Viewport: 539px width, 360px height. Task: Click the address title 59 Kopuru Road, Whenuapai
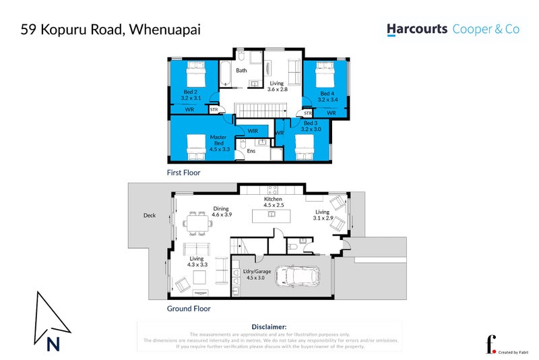pos(110,30)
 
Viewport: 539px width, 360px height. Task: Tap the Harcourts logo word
pos(416,30)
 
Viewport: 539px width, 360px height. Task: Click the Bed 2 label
pos(191,95)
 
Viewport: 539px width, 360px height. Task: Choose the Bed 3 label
pos(310,127)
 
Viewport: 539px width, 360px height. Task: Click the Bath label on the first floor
pos(241,70)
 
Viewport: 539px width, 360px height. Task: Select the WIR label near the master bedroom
pos(253,131)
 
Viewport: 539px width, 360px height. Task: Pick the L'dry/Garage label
pos(259,273)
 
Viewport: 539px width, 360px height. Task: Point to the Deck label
pos(150,216)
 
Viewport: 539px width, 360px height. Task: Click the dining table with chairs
pos(199,221)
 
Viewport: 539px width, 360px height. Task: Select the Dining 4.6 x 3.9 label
pos(222,211)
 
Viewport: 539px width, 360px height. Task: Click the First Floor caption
pos(183,173)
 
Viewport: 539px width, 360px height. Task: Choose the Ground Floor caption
pos(189,309)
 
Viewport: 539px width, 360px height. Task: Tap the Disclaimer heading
pos(269,326)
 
